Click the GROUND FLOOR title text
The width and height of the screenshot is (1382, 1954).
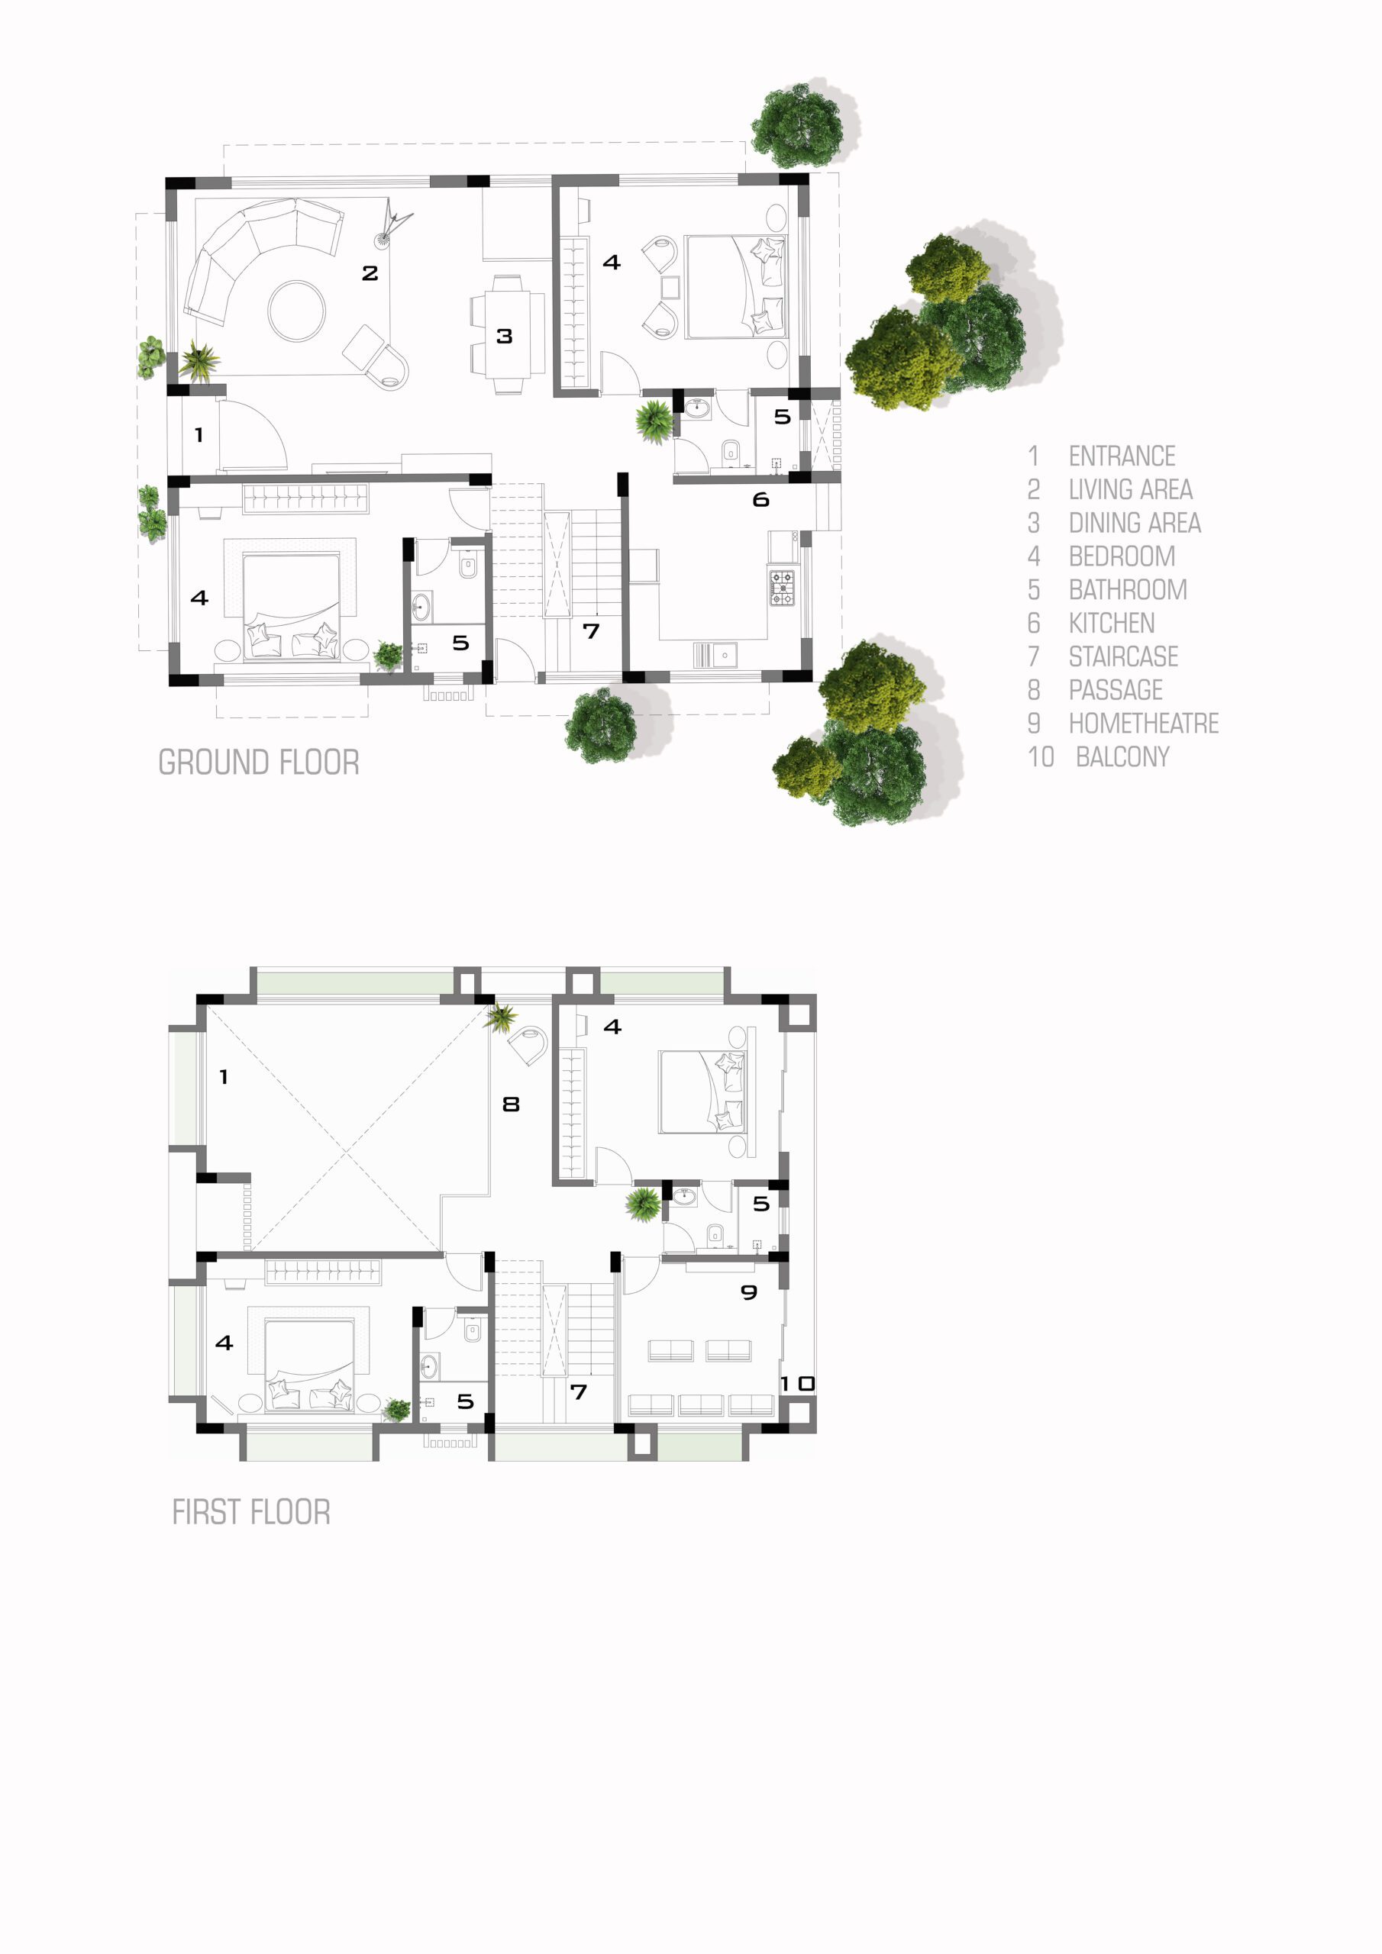tap(259, 762)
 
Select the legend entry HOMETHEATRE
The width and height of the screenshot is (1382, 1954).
tap(1144, 724)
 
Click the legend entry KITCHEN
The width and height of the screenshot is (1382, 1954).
tap(1111, 623)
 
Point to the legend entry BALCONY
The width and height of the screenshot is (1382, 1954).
tap(1122, 756)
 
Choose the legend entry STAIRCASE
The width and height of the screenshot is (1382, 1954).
tap(1123, 656)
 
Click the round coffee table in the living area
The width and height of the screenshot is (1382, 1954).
tap(296, 311)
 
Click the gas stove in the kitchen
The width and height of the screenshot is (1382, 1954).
tap(782, 588)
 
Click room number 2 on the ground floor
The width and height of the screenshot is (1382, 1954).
tap(370, 273)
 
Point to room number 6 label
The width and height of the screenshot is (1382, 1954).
tap(761, 499)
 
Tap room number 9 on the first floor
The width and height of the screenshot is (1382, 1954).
tap(749, 1293)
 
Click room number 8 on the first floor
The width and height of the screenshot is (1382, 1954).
tap(511, 1104)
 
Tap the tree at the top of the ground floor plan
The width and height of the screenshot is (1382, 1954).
tap(798, 125)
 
